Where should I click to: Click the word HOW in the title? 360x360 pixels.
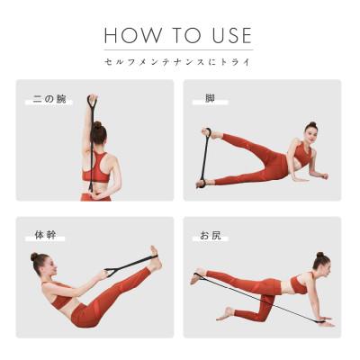[132, 35]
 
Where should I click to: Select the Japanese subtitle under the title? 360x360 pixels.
[177, 62]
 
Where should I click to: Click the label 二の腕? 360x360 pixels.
[49, 99]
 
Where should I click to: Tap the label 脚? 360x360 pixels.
[210, 98]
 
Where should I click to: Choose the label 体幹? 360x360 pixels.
[45, 235]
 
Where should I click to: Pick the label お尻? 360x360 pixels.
[211, 235]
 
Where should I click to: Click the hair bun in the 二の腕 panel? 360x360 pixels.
[97, 125]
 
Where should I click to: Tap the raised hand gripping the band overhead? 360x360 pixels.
[93, 98]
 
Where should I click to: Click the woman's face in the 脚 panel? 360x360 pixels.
[311, 134]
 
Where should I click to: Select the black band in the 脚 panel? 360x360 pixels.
[205, 158]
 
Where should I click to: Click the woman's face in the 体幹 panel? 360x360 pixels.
[50, 266]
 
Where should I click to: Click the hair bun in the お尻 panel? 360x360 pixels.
[320, 255]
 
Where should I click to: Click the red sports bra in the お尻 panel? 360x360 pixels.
[299, 284]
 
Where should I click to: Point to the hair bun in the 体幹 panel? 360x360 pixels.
[34, 256]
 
